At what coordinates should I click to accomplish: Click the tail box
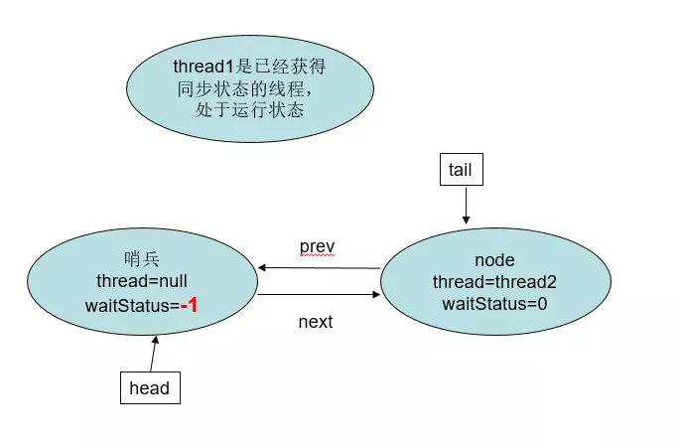[461, 170]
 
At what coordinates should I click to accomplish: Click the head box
[150, 388]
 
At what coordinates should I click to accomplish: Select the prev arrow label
[318, 244]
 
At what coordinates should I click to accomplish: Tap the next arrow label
[316, 322]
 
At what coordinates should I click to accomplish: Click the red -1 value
[189, 306]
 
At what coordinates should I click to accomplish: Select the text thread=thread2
[481, 282]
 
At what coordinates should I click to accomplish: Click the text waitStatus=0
[481, 304]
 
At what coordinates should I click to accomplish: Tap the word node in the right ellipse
[481, 260]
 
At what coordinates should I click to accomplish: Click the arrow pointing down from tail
[463, 206]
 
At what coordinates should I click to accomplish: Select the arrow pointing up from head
[153, 354]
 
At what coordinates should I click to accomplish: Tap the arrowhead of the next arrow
[376, 295]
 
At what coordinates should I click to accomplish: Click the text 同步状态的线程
[247, 88]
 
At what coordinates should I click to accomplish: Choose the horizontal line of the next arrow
[316, 295]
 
